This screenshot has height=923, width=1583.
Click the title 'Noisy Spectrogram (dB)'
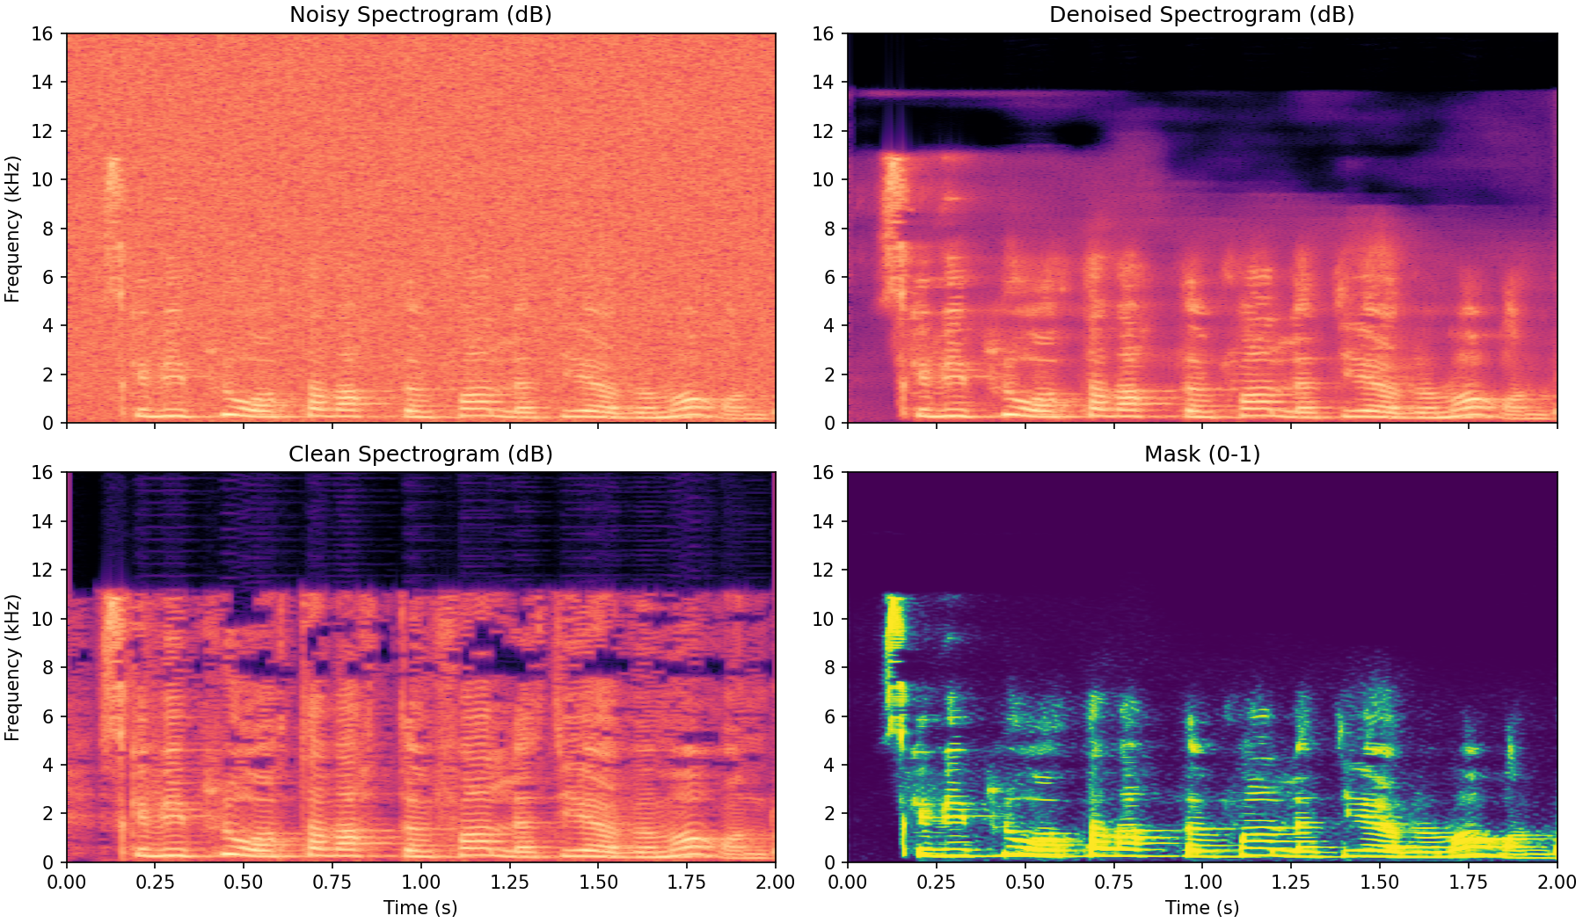[x=420, y=15]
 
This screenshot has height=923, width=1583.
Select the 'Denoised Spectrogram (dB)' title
[x=1201, y=15]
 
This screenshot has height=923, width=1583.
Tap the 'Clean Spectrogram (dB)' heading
[x=420, y=454]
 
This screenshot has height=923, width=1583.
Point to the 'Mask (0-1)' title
[x=1201, y=454]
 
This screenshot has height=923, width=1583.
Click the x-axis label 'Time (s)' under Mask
[x=1201, y=907]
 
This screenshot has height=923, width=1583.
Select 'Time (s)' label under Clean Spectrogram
[x=420, y=907]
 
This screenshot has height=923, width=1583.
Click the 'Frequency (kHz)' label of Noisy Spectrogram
[x=12, y=229]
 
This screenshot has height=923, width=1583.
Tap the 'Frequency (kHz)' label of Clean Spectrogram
[x=12, y=667]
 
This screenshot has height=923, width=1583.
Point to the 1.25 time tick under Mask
[x=1291, y=882]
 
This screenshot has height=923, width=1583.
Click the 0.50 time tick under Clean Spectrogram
[x=244, y=882]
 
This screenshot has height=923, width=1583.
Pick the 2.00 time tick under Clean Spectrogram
[x=775, y=882]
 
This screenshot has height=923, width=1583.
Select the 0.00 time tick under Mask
[x=848, y=882]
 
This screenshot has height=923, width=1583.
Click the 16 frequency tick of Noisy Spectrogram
[x=44, y=33]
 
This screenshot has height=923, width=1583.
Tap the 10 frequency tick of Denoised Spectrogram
[x=824, y=179]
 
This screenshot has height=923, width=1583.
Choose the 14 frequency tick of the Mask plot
[x=824, y=521]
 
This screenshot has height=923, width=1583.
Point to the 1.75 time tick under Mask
[x=1468, y=882]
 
